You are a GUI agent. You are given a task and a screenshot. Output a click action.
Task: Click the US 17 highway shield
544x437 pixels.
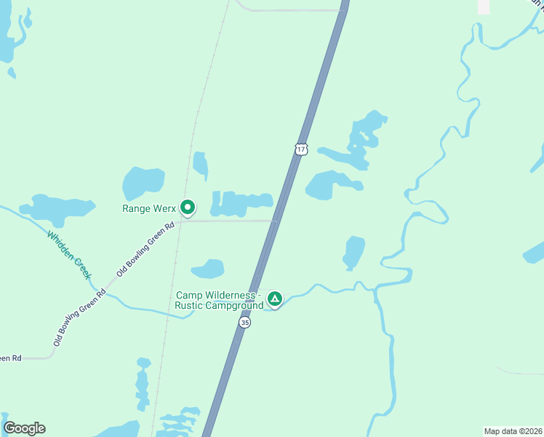tap(302, 149)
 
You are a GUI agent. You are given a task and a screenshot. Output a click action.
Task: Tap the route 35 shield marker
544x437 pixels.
tap(245, 322)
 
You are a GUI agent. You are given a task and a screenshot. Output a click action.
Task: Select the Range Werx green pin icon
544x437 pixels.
tap(187, 208)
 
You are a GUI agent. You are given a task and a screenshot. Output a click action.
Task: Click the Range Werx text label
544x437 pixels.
tap(148, 208)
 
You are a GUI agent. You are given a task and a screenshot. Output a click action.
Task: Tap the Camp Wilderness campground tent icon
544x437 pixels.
tap(274, 299)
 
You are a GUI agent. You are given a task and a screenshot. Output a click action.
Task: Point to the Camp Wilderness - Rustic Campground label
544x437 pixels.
tap(219, 300)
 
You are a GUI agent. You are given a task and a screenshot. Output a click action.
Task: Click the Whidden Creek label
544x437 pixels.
tap(69, 254)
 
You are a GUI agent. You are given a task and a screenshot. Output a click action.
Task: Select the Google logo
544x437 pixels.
tap(24, 428)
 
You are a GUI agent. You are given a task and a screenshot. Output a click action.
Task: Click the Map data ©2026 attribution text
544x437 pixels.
tap(513, 430)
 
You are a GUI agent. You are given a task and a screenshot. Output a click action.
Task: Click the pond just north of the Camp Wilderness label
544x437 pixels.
tap(208, 269)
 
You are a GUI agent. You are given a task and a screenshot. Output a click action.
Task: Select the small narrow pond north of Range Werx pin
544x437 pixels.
tap(201, 165)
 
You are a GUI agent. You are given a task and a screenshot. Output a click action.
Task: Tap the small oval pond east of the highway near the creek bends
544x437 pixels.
tap(353, 252)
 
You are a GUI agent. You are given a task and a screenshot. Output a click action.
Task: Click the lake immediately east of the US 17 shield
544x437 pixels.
tap(331, 184)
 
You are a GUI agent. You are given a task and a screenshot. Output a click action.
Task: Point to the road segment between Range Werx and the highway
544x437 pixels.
tap(229, 220)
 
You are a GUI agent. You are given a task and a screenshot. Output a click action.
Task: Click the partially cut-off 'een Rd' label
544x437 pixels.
tap(11, 358)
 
